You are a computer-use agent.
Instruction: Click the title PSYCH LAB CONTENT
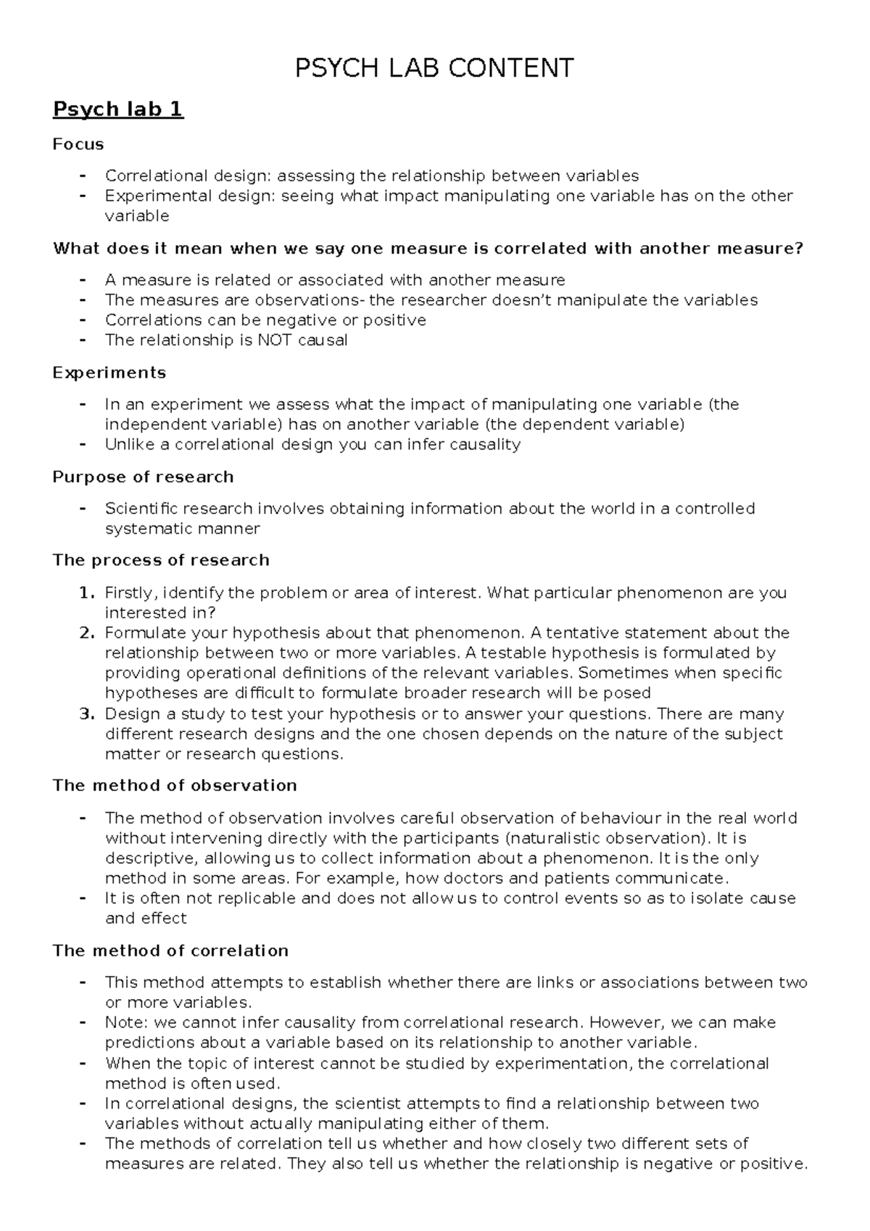pyautogui.click(x=434, y=68)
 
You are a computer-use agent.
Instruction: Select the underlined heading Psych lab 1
pyautogui.click(x=118, y=109)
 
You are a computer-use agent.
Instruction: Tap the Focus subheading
pyautogui.click(x=78, y=144)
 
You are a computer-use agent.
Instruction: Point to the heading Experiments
pyautogui.click(x=109, y=373)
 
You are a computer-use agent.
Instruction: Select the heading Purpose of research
pyautogui.click(x=143, y=477)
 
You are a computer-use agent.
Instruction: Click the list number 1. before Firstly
pyautogui.click(x=86, y=593)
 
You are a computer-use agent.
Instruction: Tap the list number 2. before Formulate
pyautogui.click(x=86, y=633)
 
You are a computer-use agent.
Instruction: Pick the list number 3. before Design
pyautogui.click(x=86, y=714)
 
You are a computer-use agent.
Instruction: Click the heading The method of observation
pyautogui.click(x=175, y=786)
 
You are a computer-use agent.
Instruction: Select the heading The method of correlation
pyautogui.click(x=170, y=950)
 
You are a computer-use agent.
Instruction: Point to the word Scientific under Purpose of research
pyautogui.click(x=142, y=509)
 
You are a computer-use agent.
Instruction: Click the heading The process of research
pyautogui.click(x=161, y=560)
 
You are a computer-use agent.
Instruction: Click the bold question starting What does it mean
pyautogui.click(x=428, y=249)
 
